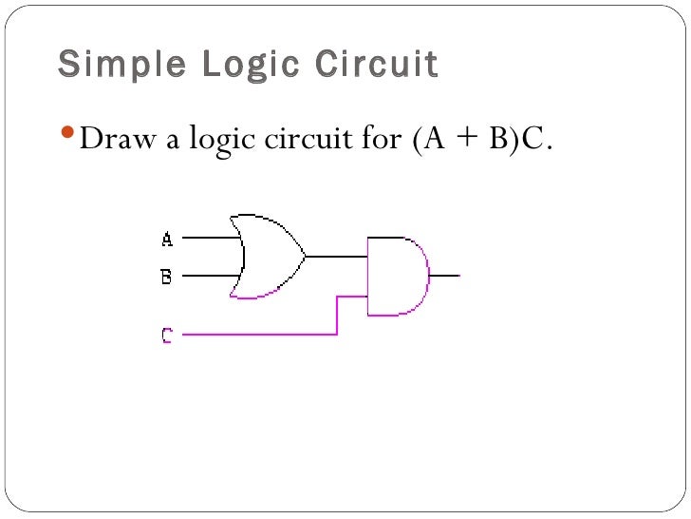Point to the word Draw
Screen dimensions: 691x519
[112, 140]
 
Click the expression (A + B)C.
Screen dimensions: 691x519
[481, 140]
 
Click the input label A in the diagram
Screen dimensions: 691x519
[167, 239]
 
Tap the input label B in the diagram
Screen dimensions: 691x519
[167, 277]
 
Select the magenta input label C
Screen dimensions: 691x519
[167, 335]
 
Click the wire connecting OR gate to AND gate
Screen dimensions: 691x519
[336, 257]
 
